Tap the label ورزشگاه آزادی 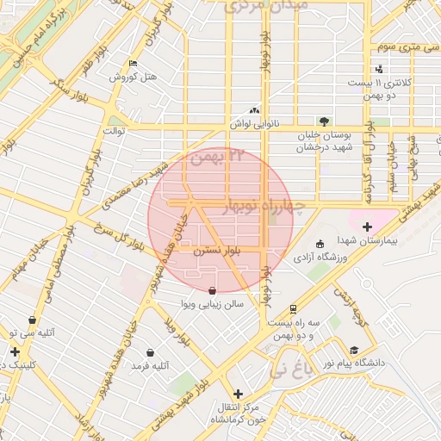tap(320, 257)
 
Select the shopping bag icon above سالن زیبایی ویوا tap(213, 290)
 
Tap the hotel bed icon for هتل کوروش tap(132, 64)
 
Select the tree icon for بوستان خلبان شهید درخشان tap(323, 121)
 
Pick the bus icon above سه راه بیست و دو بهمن tap(293, 308)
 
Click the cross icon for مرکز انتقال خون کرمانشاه tap(238, 394)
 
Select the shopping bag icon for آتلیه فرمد tap(151, 352)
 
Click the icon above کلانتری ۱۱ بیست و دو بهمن tap(380, 70)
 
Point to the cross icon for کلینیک tap(15, 351)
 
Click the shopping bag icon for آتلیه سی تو tap(33, 320)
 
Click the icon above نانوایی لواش tap(253, 110)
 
